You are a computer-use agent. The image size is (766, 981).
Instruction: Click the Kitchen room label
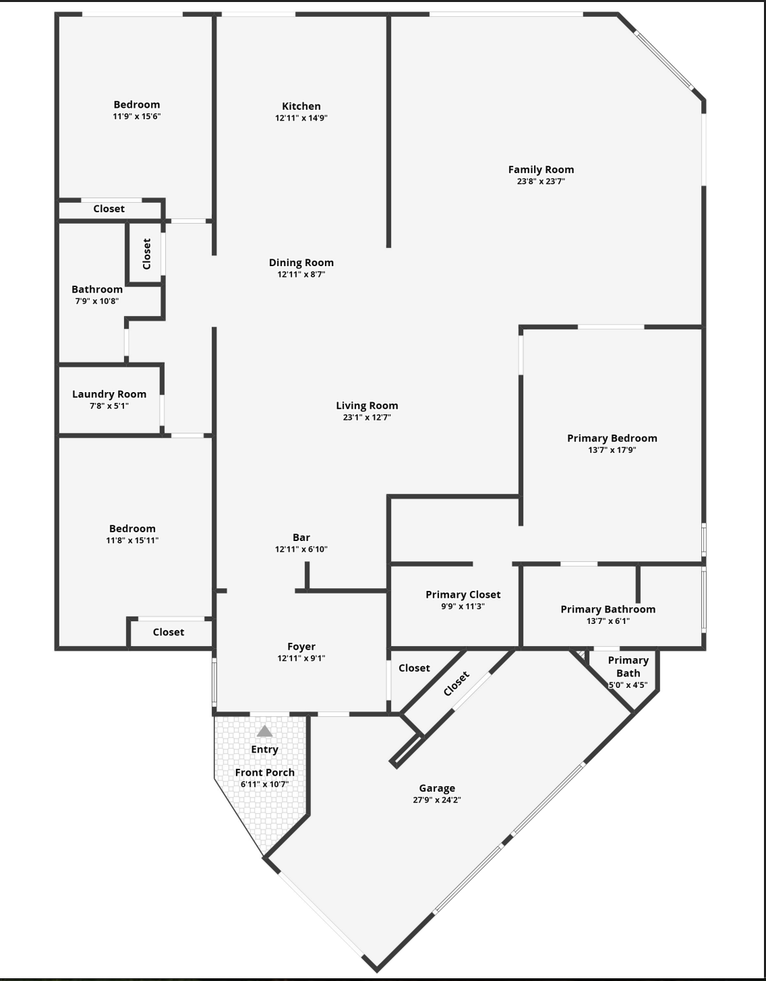301,106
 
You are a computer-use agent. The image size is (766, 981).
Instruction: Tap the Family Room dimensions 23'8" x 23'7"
541,181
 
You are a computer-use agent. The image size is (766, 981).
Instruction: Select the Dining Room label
301,263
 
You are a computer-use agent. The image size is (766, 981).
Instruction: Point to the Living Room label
367,406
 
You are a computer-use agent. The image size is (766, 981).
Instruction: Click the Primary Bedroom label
612,438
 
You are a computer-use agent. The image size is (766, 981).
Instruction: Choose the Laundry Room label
109,394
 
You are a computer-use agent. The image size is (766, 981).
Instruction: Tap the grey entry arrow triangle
264,731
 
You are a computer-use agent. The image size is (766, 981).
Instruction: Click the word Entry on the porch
264,749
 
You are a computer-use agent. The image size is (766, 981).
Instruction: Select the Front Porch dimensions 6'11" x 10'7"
264,784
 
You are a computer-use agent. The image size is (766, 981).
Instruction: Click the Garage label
437,788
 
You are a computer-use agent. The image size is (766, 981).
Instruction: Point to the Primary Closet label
463,594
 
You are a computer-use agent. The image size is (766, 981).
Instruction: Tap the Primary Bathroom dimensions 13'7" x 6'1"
608,621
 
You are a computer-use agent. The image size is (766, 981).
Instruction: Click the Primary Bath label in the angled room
628,666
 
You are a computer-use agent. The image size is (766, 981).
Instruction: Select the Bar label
301,537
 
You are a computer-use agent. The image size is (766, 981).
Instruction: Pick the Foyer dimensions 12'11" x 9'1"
301,658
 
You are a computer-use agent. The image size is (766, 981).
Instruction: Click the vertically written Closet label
147,253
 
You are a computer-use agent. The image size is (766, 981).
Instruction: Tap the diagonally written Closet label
456,684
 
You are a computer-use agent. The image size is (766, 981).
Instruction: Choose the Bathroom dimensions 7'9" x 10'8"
97,301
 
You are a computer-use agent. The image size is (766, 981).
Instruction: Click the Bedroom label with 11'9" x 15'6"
137,104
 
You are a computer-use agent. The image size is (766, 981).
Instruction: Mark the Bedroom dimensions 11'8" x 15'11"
132,540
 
